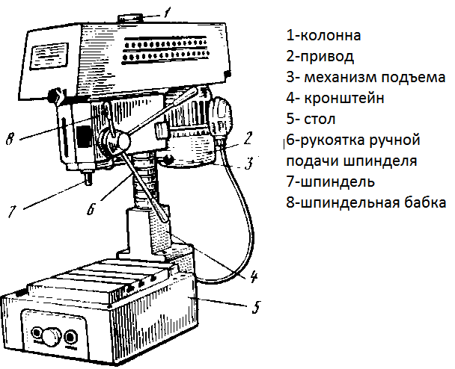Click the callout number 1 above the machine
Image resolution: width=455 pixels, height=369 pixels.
coord(167,13)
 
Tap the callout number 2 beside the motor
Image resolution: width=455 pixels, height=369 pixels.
coord(248,138)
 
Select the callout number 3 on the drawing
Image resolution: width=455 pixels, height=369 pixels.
coord(248,164)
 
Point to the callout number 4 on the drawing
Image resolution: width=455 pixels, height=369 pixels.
coord(254,276)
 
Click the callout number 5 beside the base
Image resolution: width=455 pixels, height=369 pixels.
coord(256,306)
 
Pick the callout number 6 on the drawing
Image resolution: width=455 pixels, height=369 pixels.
coord(91,208)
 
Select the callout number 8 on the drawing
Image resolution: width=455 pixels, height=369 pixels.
coord(10,138)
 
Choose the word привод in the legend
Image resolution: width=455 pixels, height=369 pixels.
coord(327,57)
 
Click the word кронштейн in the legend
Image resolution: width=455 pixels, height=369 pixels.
coord(344,98)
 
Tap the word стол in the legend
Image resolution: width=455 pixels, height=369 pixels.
coord(320,120)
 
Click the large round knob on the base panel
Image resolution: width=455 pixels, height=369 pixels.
coord(52,336)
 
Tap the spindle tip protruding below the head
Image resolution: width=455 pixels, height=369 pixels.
coord(88,178)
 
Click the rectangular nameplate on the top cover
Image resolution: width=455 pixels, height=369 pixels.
coord(49,56)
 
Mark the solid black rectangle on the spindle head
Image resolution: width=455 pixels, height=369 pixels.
coord(84,136)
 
